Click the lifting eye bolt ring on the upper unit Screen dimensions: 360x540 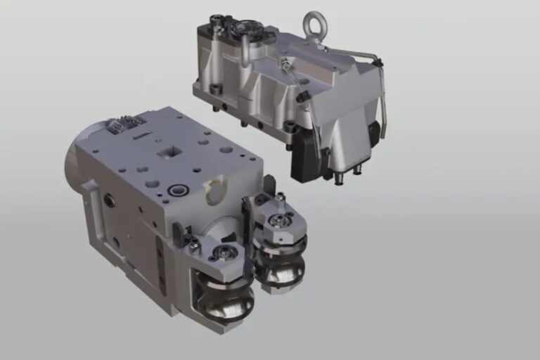[313, 25]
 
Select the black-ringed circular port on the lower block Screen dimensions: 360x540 [176, 190]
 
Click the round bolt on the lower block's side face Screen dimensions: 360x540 [110, 200]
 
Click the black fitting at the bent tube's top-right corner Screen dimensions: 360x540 [378, 63]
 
